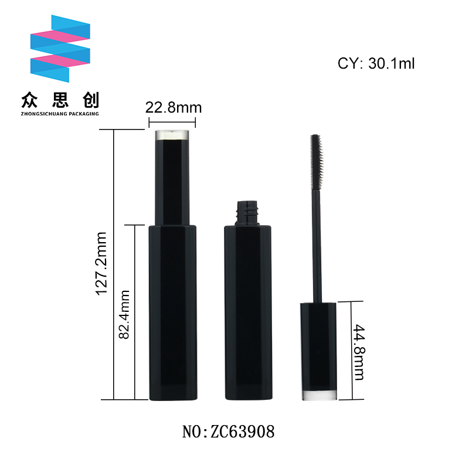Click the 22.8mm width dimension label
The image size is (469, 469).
click(174, 108)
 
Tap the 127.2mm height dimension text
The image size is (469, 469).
click(101, 263)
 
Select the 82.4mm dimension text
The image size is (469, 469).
click(124, 314)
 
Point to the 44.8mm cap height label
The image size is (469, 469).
click(359, 352)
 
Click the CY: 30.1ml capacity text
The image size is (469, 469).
click(376, 63)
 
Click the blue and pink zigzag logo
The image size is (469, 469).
click(60, 49)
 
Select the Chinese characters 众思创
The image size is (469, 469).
click(60, 100)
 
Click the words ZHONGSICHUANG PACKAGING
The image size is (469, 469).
click(60, 114)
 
